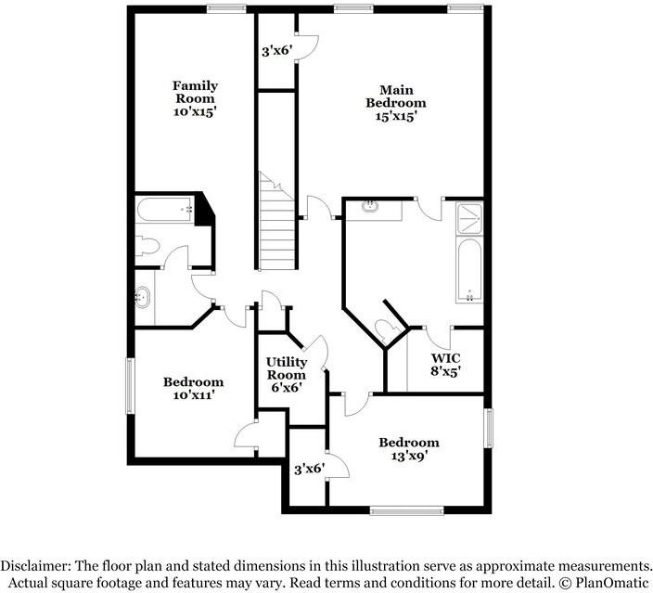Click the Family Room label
tap(195, 98)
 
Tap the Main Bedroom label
tap(395, 103)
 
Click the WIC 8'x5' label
tap(446, 364)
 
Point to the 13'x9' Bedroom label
tap(408, 449)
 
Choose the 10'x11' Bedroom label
tap(193, 388)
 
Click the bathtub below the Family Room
tap(164, 210)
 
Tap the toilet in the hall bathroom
tap(147, 246)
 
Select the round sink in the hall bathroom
tap(143, 299)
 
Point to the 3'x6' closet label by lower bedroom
tap(308, 470)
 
